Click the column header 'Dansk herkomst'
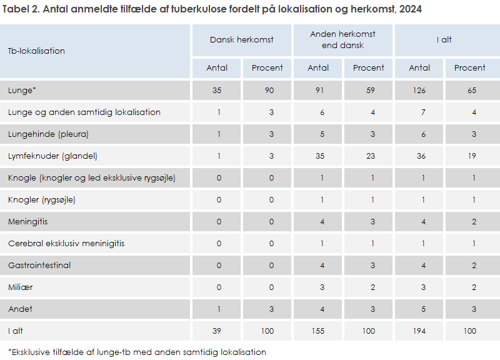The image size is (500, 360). (241, 39)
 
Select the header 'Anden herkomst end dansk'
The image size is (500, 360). (342, 39)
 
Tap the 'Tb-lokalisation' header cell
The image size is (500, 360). (36, 51)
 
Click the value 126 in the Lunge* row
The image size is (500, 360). (419, 91)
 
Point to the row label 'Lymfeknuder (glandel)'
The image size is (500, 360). (52, 156)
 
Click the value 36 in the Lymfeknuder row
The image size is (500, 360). (419, 156)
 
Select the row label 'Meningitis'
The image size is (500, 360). (27, 222)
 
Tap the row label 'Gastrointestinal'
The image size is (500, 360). (39, 266)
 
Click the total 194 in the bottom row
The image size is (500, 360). (419, 331)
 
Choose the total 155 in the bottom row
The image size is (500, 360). (317, 331)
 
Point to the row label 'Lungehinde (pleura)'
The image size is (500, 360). (48, 134)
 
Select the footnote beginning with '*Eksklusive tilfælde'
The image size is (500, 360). (137, 352)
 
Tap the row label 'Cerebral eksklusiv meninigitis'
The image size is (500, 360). (66, 244)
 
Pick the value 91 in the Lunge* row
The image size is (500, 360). (317, 91)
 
